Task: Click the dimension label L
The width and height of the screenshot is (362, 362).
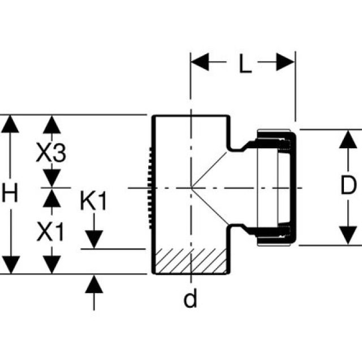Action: [244, 64]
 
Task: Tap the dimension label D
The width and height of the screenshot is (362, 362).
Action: [350, 185]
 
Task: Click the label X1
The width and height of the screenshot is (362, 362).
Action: [51, 231]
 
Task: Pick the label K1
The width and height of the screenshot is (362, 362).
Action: [93, 201]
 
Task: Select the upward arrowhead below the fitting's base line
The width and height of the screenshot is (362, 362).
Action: [94, 283]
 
